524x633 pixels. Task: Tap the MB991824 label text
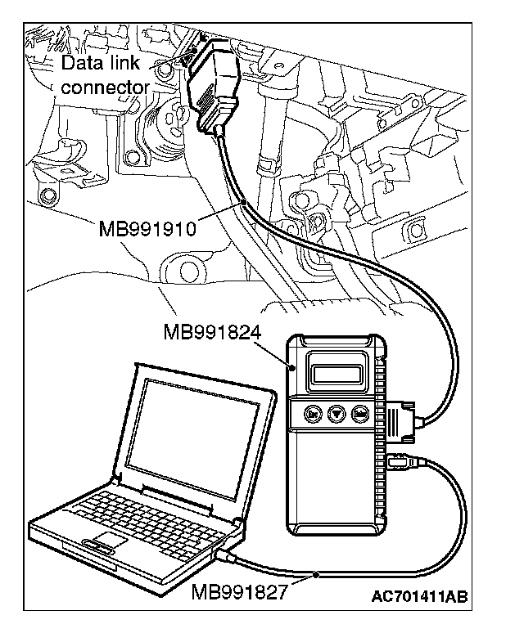point(210,333)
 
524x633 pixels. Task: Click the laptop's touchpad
point(106,539)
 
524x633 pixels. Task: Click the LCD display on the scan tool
point(337,373)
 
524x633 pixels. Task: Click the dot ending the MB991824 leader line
point(291,369)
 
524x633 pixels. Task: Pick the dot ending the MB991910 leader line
point(243,200)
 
